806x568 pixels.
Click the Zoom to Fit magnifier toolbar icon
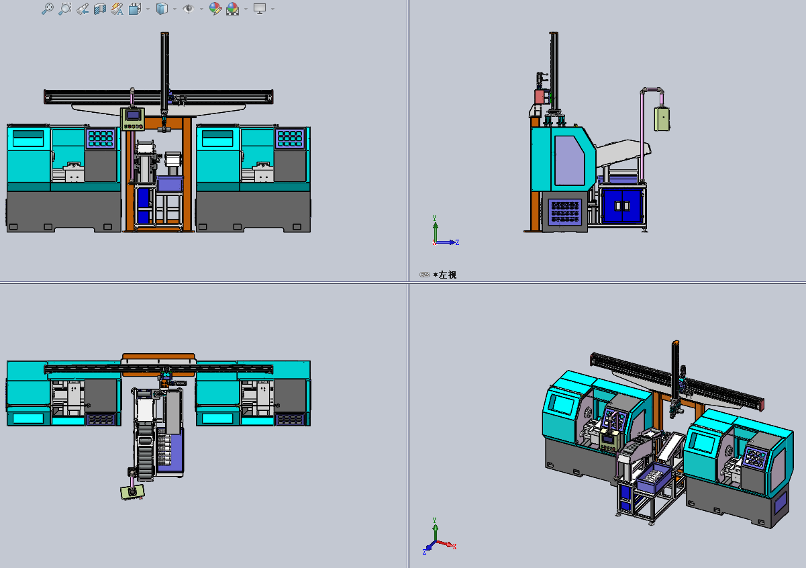[x=47, y=9]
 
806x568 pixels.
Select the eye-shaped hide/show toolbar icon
[x=189, y=9]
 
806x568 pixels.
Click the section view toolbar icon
[x=99, y=9]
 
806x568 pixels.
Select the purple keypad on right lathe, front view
[x=290, y=138]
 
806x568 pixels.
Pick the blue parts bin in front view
[x=170, y=183]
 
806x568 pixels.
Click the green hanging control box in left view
[x=662, y=120]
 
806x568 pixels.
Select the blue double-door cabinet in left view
[x=624, y=205]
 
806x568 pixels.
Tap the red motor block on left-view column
[x=539, y=97]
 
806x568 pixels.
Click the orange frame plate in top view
[x=158, y=357]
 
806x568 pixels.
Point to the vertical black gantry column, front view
[x=164, y=67]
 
